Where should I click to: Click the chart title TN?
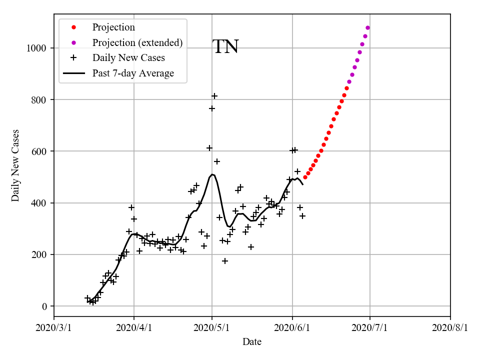coord(225,47)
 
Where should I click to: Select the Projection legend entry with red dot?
coord(113,27)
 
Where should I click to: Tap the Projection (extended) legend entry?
coord(137,42)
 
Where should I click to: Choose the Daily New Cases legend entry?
coord(128,58)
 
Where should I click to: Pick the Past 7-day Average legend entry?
coord(133,73)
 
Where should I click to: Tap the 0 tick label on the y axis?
coord(44,306)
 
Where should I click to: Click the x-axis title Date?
coord(252,342)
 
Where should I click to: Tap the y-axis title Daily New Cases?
coord(15,165)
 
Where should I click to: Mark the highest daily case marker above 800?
coord(214,96)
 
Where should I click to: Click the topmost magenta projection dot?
coord(367,28)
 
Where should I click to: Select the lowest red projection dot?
coord(305,177)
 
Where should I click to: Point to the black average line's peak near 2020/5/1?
coord(212,174)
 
